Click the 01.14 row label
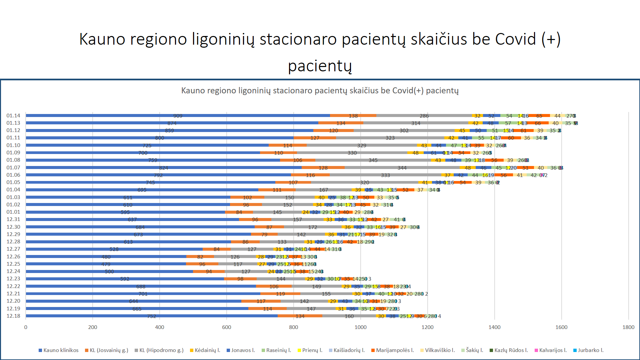(x=13, y=116)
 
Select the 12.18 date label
(x=13, y=316)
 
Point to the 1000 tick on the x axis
(x=360, y=327)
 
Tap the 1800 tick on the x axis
(x=628, y=327)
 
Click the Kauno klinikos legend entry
(x=59, y=350)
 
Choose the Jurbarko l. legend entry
(x=588, y=350)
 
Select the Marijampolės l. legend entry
(x=393, y=350)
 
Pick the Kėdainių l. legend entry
(x=205, y=350)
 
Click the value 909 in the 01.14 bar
(x=178, y=116)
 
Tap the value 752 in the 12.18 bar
(x=152, y=316)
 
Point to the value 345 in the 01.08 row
(x=373, y=160)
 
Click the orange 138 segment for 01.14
(x=353, y=116)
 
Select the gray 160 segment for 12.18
(x=349, y=316)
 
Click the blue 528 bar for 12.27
(x=114, y=249)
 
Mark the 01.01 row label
(x=13, y=212)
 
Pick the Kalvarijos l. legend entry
(x=551, y=350)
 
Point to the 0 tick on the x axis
(x=26, y=327)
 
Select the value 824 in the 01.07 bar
(x=163, y=168)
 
